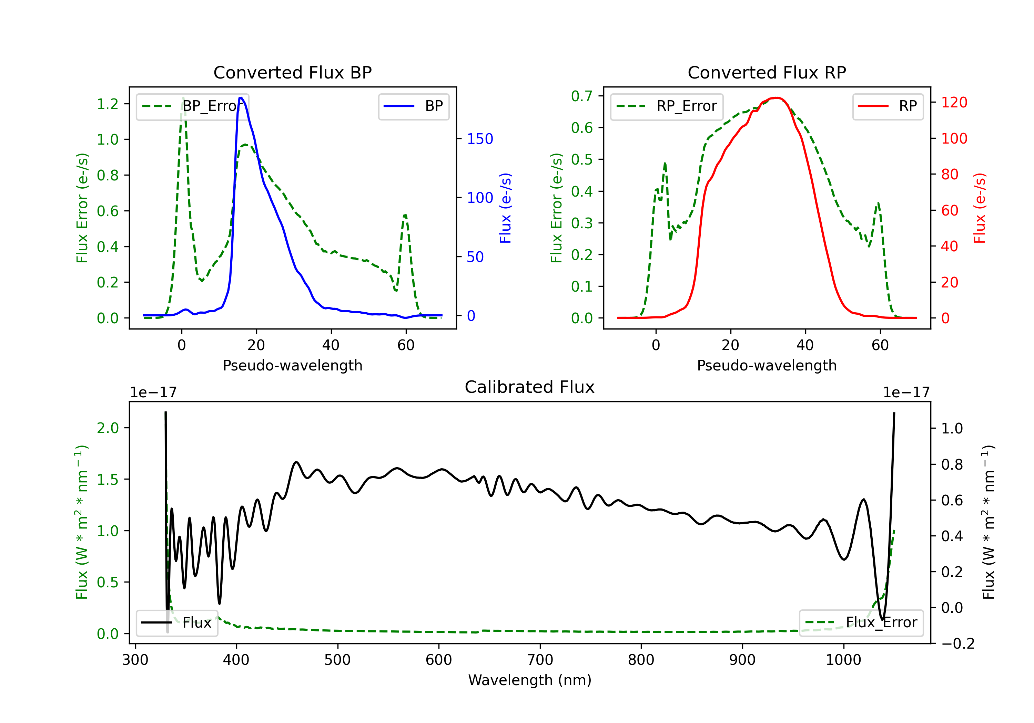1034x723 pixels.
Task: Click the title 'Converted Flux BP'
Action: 292,72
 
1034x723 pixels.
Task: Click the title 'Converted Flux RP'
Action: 767,72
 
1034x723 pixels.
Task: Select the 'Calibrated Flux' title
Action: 530,387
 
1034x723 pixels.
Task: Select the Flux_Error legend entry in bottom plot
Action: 861,623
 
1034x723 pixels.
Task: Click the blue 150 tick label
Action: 480,139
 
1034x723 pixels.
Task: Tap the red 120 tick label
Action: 954,103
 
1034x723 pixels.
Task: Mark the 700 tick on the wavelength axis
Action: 540,660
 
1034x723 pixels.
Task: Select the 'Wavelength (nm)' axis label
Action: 530,680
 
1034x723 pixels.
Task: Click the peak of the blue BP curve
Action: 241,98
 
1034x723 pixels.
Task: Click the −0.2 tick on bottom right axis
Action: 958,644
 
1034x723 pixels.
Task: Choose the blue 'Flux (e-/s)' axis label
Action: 506,208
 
